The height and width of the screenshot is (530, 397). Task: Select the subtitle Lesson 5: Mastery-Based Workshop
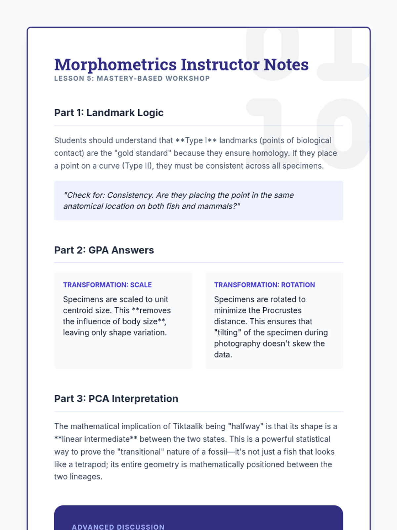click(132, 79)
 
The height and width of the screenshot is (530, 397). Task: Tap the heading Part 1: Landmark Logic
click(109, 113)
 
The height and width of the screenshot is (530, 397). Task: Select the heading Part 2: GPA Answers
click(104, 250)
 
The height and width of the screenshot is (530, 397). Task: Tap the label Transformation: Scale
click(107, 285)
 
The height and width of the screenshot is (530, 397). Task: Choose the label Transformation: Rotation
click(264, 285)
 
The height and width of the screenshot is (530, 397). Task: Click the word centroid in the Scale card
click(77, 310)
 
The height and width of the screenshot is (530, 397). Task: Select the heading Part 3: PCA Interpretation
click(116, 398)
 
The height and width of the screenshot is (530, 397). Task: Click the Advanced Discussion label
click(118, 527)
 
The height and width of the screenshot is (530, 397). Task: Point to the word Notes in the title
click(286, 65)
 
